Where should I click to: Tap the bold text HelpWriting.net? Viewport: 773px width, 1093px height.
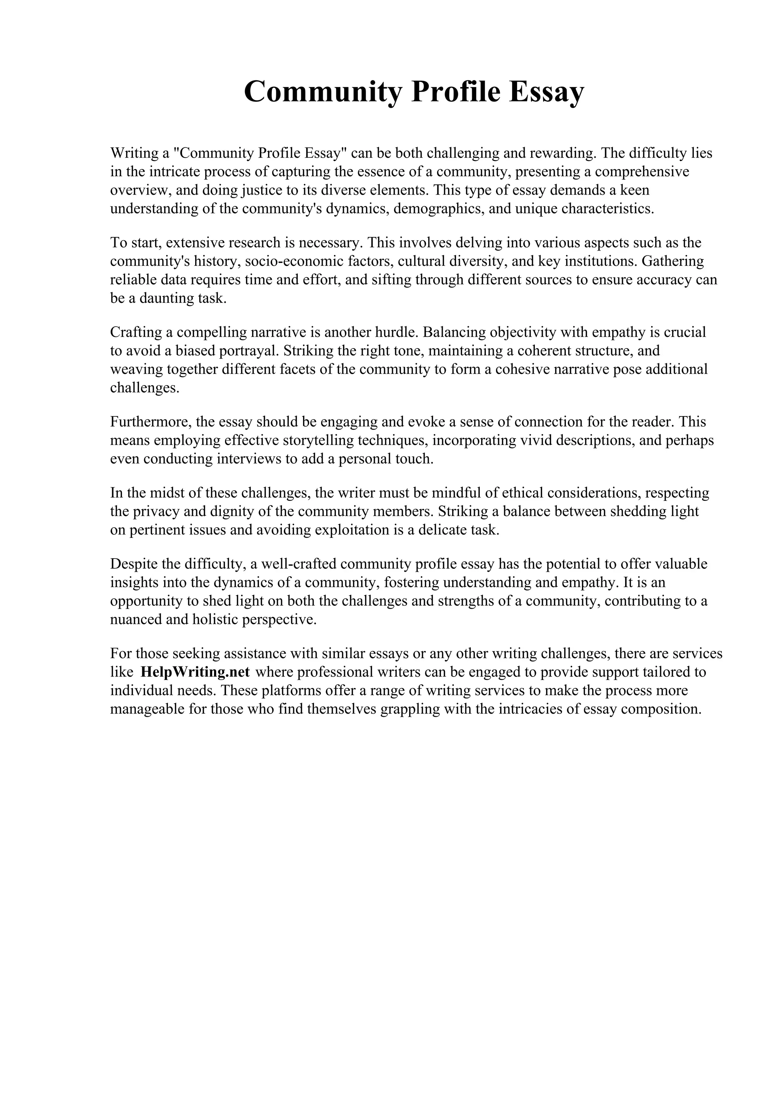[195, 672]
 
